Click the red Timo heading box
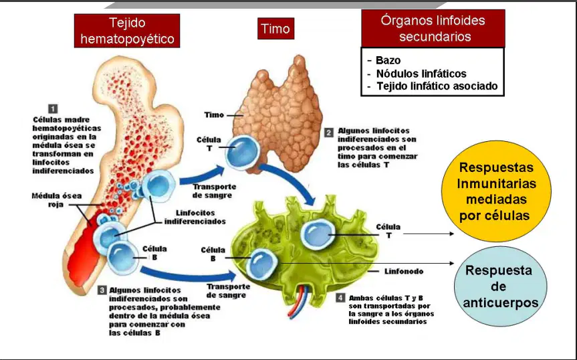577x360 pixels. (x=275, y=28)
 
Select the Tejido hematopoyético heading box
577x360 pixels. (x=127, y=31)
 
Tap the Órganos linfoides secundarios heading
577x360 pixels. (x=433, y=28)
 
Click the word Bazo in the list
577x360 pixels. (x=388, y=60)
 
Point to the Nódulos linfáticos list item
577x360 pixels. (x=421, y=74)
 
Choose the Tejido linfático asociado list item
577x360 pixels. (x=437, y=86)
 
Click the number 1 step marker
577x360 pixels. (x=53, y=108)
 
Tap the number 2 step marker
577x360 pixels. (x=328, y=132)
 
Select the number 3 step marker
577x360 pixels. (x=102, y=290)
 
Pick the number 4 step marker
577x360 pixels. (x=340, y=297)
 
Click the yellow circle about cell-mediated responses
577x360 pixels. (x=496, y=191)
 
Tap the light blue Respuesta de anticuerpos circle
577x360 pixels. (x=501, y=286)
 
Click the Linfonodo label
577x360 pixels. (x=404, y=271)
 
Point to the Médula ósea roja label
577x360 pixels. (x=56, y=200)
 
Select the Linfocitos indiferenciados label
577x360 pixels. (x=195, y=217)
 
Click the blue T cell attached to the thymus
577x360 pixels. (x=243, y=153)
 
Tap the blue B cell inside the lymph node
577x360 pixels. (x=261, y=264)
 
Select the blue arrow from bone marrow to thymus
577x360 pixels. (x=202, y=176)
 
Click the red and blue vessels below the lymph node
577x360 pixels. (x=296, y=300)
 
